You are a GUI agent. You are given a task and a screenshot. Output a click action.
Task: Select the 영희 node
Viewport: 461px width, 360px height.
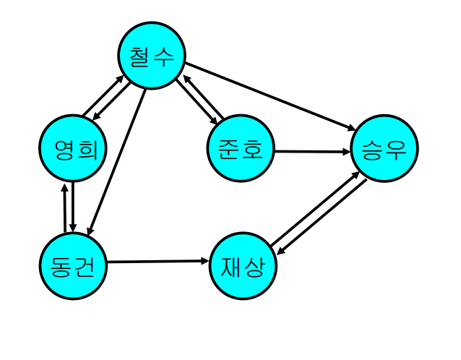73,149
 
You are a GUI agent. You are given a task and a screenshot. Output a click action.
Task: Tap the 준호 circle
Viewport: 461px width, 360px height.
241,150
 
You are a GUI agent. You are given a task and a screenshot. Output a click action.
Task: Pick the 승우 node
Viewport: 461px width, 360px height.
384,149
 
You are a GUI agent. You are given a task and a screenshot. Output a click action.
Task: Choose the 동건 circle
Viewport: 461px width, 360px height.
73,265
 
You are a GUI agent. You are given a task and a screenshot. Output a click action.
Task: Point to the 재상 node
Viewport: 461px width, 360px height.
244,266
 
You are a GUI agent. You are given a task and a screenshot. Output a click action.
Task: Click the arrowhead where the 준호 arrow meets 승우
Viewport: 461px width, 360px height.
346,152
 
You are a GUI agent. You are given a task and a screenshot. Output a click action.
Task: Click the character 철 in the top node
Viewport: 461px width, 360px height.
139,56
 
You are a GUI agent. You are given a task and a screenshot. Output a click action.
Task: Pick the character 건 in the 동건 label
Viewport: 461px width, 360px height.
86,266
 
